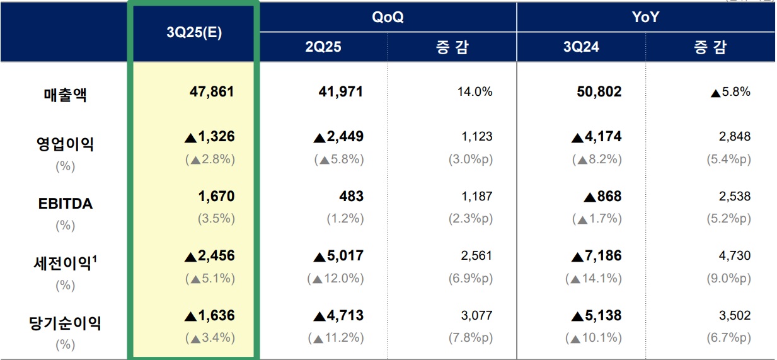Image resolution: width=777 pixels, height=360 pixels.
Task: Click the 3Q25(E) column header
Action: pos(193,33)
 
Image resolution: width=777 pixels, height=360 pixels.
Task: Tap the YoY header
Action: pos(646,17)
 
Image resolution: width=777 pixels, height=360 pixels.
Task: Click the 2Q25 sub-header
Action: pos(323,47)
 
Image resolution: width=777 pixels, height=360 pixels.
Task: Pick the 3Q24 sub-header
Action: pos(581,47)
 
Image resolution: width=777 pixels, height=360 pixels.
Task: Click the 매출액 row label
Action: pos(65,95)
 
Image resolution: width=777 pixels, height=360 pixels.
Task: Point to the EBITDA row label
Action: pos(65,204)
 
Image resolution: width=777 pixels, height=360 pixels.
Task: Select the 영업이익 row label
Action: pos(65,144)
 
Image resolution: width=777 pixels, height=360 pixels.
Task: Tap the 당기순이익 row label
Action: pos(65,323)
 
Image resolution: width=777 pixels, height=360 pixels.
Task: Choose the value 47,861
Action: pos(212,92)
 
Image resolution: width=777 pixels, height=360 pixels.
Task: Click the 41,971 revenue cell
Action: pos(341,92)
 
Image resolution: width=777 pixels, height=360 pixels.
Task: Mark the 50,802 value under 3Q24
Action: pos(599,92)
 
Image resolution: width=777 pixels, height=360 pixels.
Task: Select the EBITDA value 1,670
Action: pos(216,197)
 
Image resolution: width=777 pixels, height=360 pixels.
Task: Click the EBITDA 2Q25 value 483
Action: pos(351,197)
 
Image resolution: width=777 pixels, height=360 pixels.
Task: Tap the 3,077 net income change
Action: pos(476,315)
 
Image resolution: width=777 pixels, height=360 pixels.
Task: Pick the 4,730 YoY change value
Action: pos(735,256)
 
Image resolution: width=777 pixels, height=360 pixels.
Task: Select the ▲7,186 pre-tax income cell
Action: pos(596,256)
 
